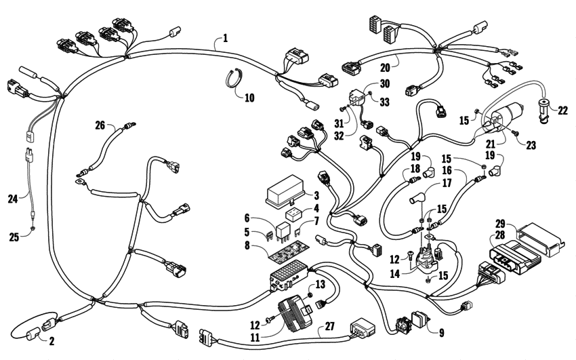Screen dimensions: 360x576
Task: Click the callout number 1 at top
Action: click(x=224, y=38)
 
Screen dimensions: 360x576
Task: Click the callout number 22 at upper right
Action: click(x=562, y=108)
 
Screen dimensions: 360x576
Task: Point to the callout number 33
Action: click(x=384, y=102)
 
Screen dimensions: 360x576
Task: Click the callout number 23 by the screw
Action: click(x=522, y=144)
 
